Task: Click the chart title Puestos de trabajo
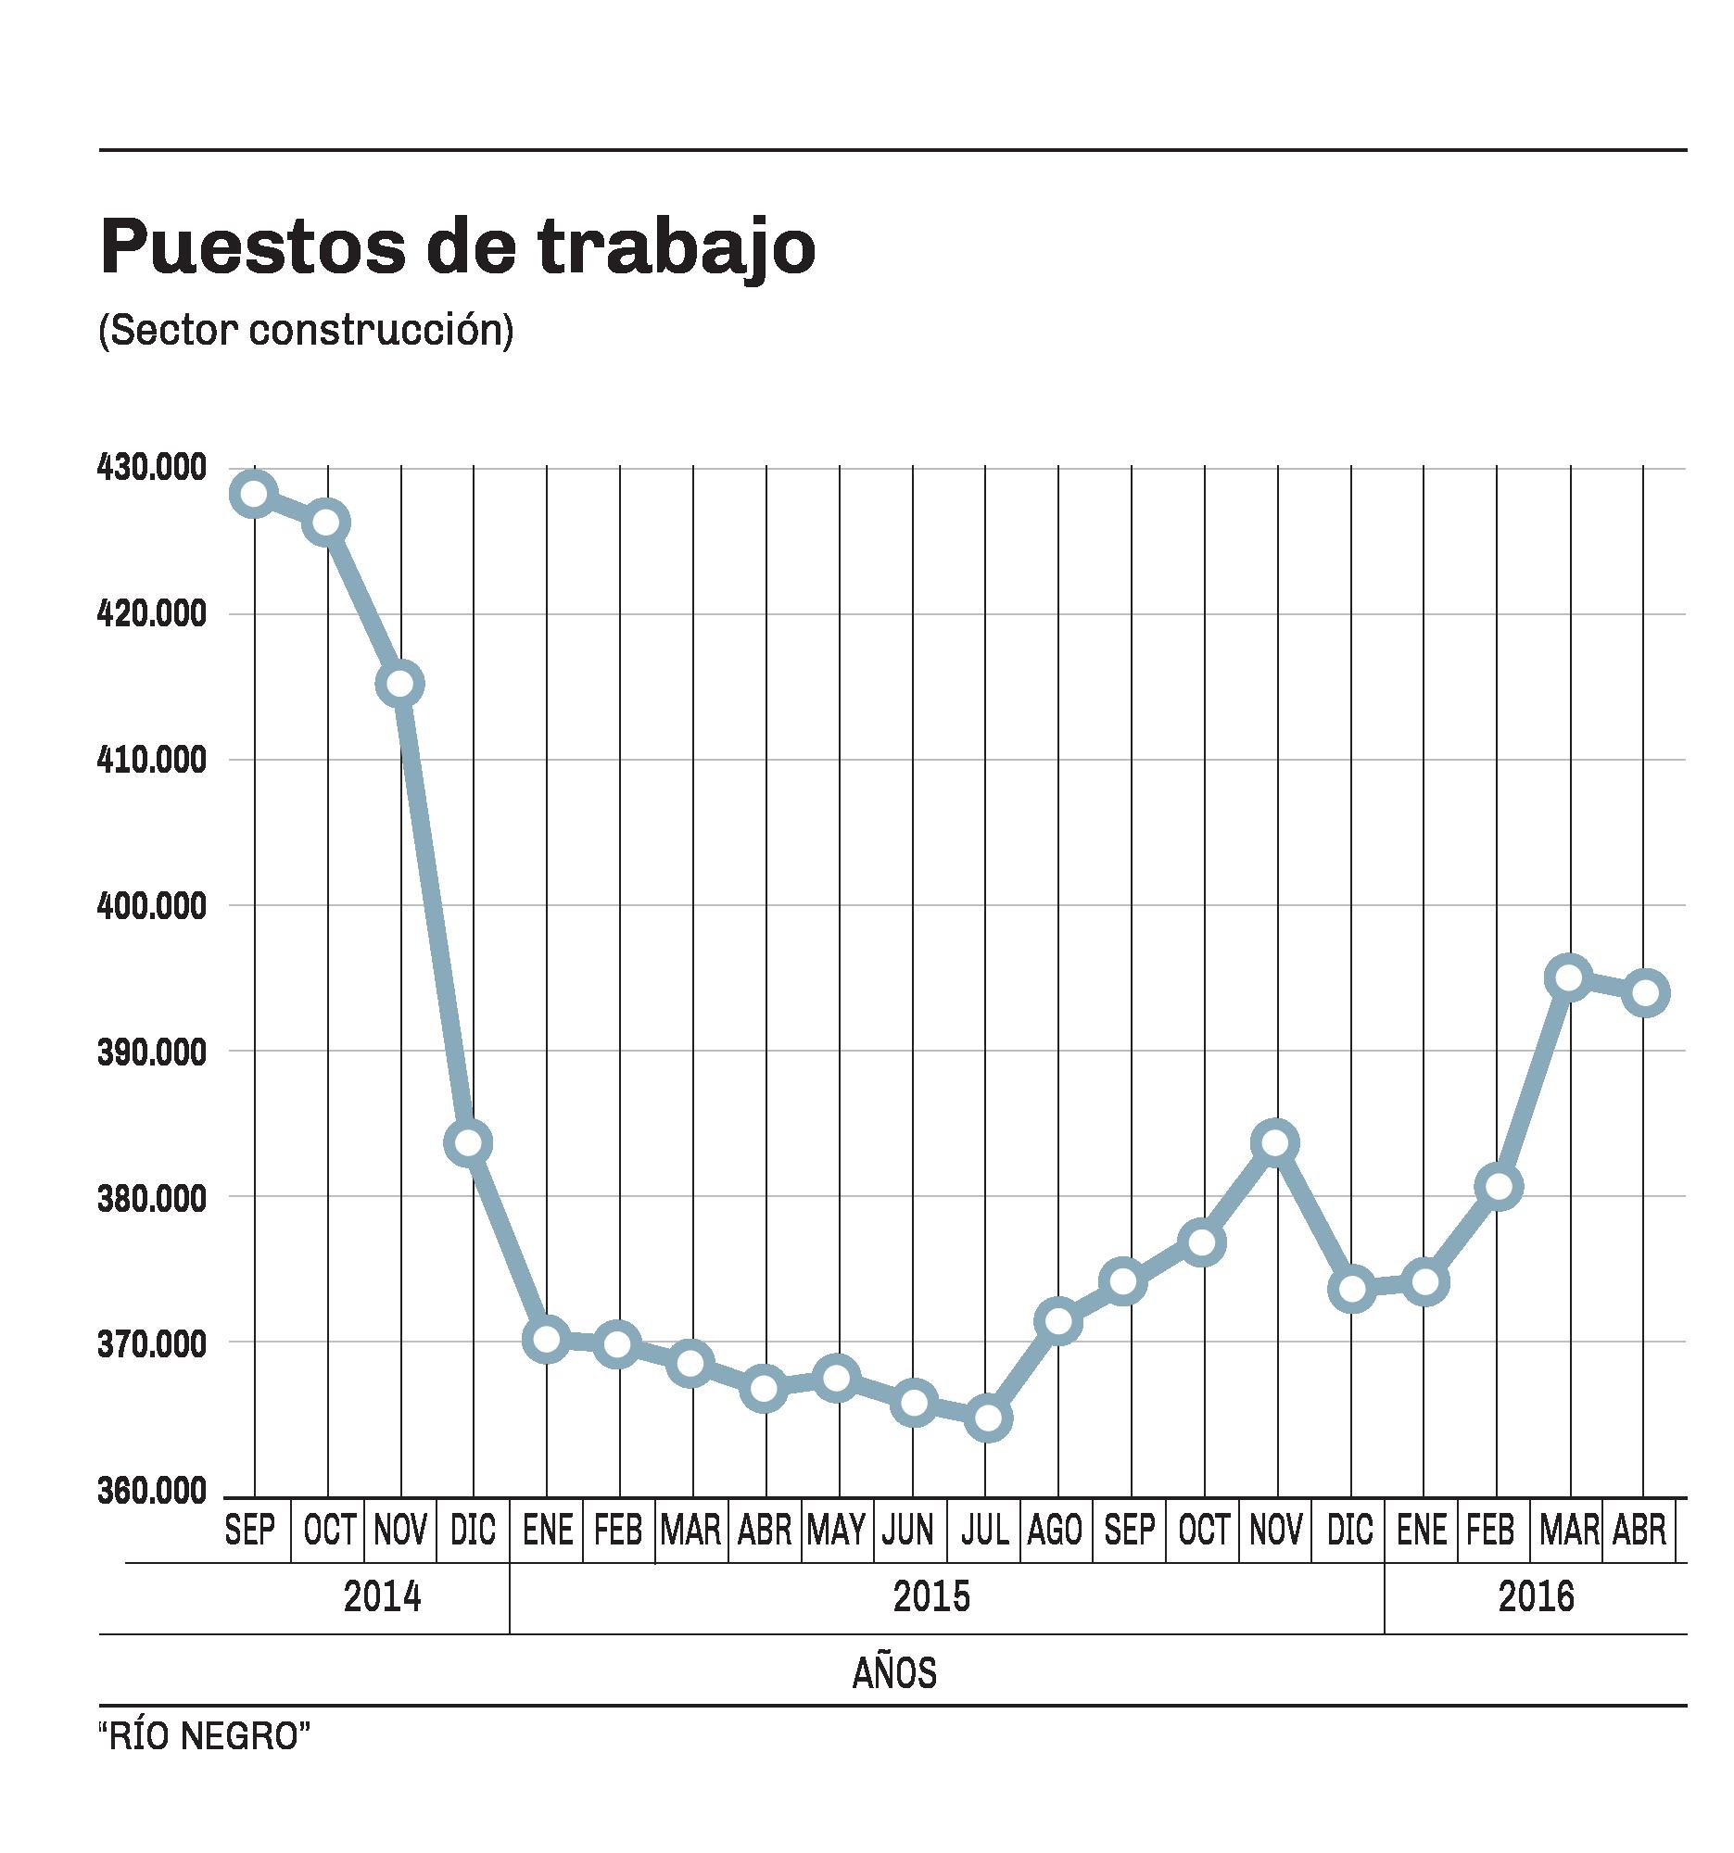(457, 247)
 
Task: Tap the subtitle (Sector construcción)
(306, 331)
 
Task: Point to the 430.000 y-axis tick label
(152, 468)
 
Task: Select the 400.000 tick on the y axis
(152, 905)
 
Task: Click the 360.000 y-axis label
(152, 1491)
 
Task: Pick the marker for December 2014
(469, 1142)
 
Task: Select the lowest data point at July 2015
(988, 1418)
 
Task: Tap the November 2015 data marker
(1276, 1142)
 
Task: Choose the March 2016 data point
(1569, 977)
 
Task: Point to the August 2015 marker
(1059, 1321)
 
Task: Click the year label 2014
(382, 1596)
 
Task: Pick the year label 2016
(1536, 1596)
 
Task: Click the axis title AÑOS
(893, 1673)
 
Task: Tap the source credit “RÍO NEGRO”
(204, 1736)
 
